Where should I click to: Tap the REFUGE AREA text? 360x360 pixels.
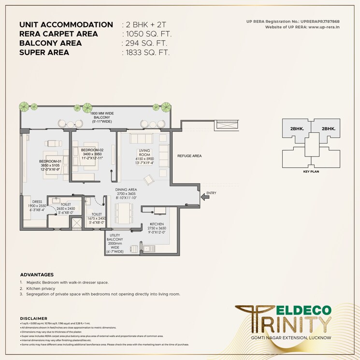[x=189, y=156]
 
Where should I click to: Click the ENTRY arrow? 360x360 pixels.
[x=205, y=196]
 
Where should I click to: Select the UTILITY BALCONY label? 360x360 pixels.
[x=115, y=237]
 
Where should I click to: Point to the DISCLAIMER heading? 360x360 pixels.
[x=34, y=318]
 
